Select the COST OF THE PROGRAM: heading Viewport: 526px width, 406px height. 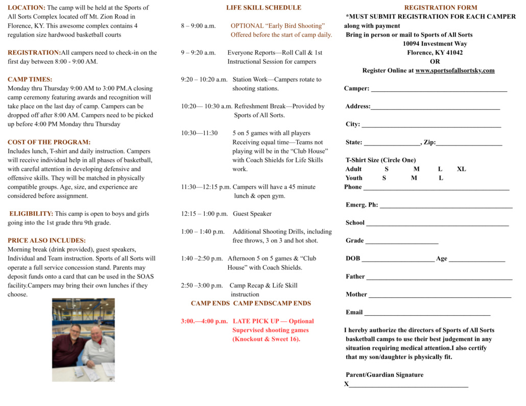click(49, 142)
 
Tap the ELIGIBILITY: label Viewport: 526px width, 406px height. click(31, 214)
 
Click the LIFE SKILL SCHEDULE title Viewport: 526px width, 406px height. click(264, 8)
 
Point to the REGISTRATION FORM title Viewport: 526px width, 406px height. click(440, 8)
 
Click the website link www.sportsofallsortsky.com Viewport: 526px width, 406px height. click(455, 70)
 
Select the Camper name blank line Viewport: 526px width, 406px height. click(439, 90)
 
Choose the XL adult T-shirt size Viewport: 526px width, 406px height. click(461, 169)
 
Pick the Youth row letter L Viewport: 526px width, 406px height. click(441, 178)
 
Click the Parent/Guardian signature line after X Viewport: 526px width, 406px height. click(409, 386)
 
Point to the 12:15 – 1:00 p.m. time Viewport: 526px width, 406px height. click(204, 214)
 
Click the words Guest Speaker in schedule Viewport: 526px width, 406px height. click(252, 214)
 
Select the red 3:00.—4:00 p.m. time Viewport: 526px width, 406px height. click(204, 321)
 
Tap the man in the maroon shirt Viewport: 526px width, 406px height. click(69, 347)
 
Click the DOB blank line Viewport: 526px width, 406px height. click(398, 260)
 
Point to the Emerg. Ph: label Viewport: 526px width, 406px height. click(362, 205)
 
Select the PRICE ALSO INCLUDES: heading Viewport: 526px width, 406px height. click(46, 240)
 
